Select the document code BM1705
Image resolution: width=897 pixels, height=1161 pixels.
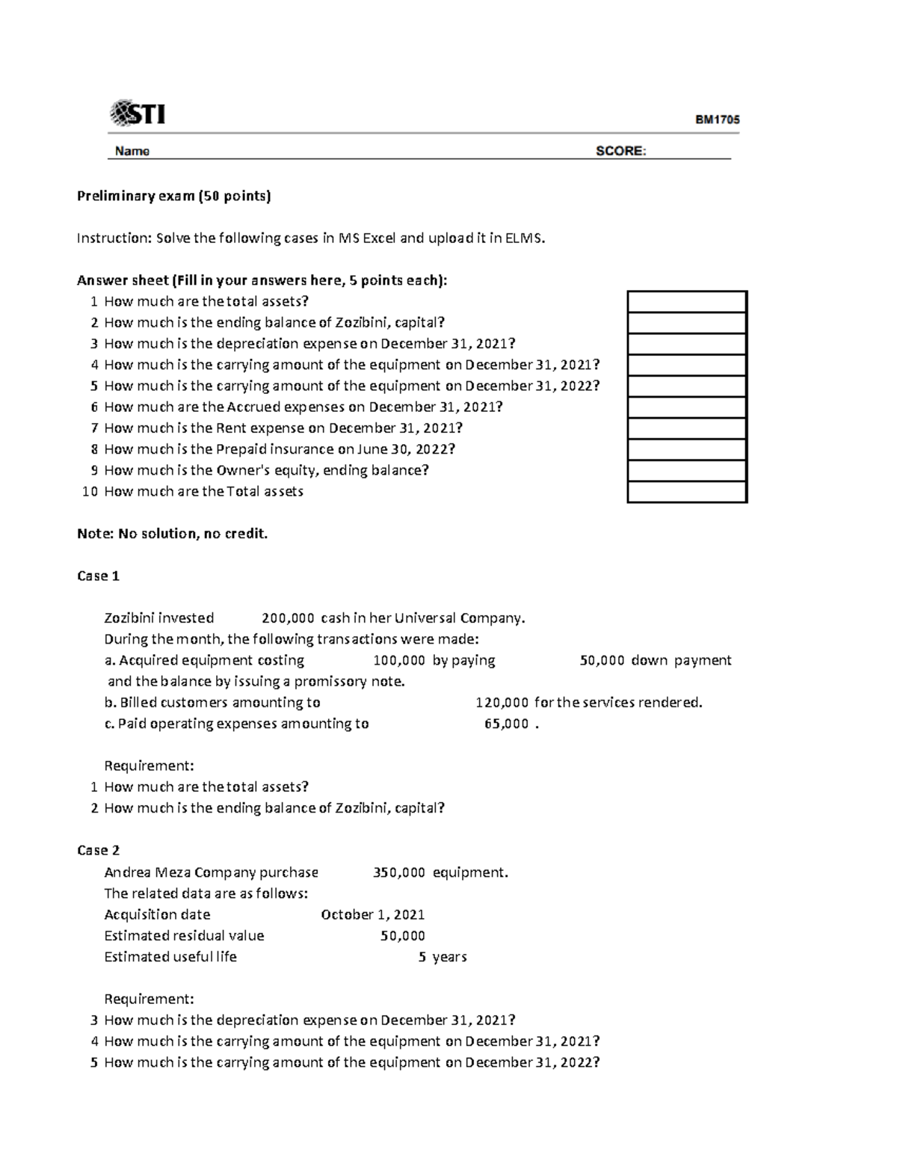click(x=717, y=119)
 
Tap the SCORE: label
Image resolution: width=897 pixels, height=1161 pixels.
click(x=620, y=151)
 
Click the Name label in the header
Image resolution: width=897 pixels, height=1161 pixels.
click(x=132, y=151)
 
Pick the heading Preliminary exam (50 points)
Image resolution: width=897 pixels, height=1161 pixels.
click(x=174, y=196)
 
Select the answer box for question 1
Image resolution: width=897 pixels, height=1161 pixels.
click(x=686, y=302)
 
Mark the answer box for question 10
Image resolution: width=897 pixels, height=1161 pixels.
click(x=686, y=492)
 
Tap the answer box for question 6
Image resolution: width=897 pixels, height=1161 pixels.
click(x=686, y=407)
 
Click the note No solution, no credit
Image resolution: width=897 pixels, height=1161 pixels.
click(x=172, y=534)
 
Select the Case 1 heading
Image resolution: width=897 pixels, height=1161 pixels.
click(x=98, y=576)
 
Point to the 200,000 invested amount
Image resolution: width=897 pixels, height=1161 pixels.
click(x=288, y=618)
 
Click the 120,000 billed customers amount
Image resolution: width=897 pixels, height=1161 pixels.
click(x=502, y=703)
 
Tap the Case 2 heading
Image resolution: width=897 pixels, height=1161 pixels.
click(x=98, y=851)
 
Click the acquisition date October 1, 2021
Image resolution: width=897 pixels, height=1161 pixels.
click(x=372, y=915)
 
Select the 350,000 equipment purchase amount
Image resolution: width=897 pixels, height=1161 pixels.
click(x=398, y=872)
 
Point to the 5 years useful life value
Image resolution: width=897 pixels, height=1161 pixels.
click(x=443, y=957)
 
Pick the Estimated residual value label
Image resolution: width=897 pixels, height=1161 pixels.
click(x=184, y=936)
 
